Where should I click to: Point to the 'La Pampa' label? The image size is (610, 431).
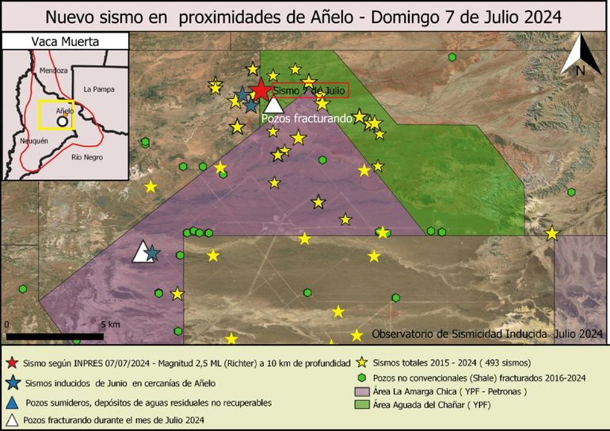pyautogui.click(x=99, y=89)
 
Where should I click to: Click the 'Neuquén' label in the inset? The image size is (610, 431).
pyautogui.click(x=33, y=140)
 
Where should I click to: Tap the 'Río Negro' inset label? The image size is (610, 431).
pyautogui.click(x=87, y=157)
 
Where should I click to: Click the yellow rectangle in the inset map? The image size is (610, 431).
pyautogui.click(x=57, y=115)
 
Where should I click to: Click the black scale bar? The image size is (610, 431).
pyautogui.click(x=54, y=337)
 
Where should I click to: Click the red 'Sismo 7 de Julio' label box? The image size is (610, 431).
pyautogui.click(x=311, y=91)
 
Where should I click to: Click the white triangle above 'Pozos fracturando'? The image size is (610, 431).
pyautogui.click(x=273, y=104)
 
